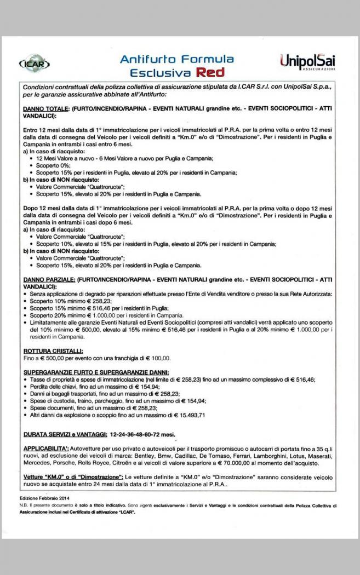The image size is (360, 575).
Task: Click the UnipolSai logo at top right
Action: point(307,61)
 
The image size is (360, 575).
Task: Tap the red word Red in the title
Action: point(211,72)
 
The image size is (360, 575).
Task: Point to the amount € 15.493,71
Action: point(186,415)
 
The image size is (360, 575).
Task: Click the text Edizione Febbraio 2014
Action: point(43,497)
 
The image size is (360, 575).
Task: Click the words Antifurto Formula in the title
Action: point(176,59)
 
